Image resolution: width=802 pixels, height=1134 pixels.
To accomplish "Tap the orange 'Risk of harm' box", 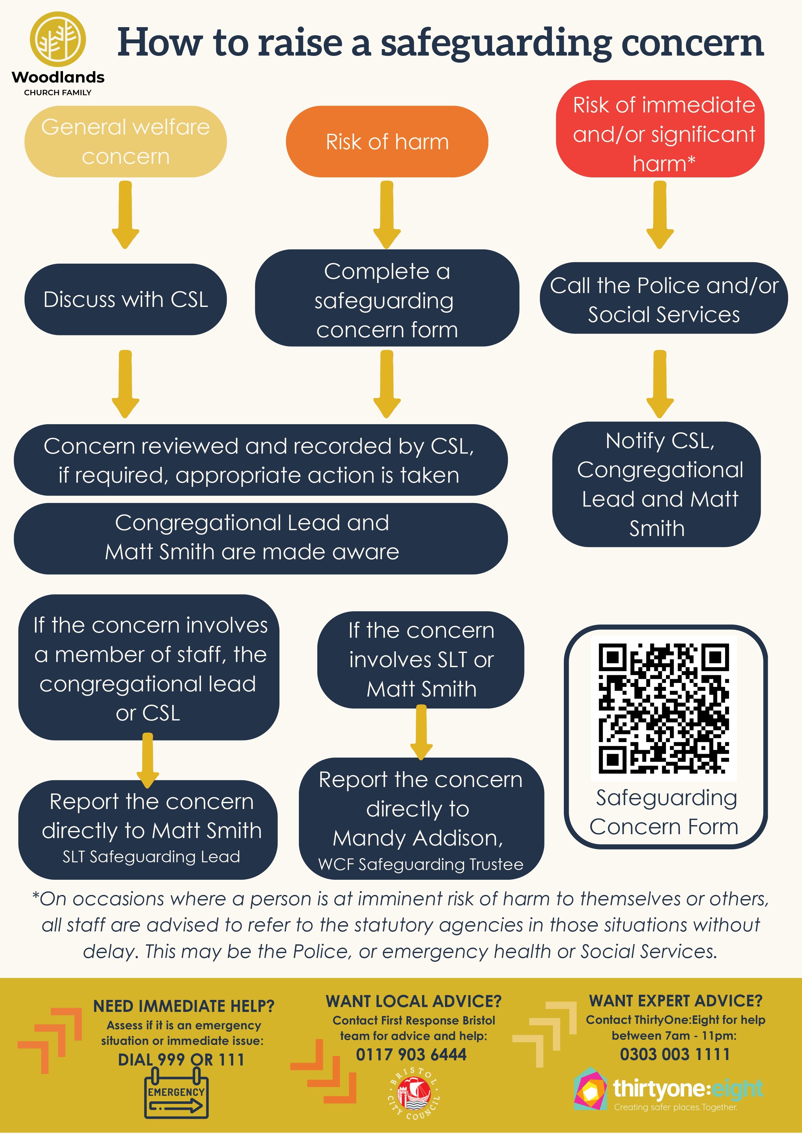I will point(387,142).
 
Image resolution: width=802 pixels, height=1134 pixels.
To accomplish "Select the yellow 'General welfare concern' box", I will point(125,142).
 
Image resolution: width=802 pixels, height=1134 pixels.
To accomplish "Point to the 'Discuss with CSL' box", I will point(125,299).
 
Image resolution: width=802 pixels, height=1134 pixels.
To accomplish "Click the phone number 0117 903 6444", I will point(411,1055).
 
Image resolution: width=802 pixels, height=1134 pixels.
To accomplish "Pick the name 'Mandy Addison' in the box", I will point(418,838).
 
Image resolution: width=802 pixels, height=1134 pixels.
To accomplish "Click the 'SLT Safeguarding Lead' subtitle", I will point(151,856).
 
